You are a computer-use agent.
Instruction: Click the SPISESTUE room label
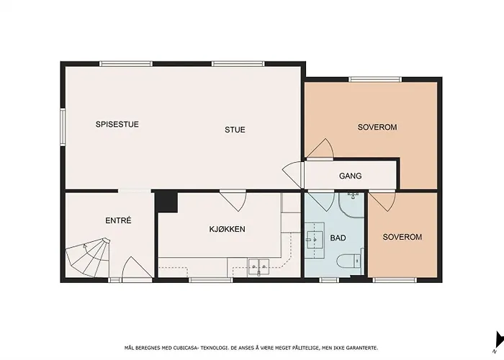tap(117, 124)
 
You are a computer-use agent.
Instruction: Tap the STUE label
tap(235, 130)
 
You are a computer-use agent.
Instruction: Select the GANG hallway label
tap(351, 176)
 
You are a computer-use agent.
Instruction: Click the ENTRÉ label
tap(118, 220)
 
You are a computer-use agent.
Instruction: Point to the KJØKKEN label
tap(228, 229)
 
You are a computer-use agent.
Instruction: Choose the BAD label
tap(338, 238)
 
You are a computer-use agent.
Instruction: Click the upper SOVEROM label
tap(377, 127)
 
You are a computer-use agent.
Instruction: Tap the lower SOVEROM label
tap(402, 237)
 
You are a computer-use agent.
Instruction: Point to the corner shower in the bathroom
tap(351, 204)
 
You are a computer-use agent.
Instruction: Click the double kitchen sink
tap(258, 267)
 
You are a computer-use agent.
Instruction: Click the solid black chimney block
tap(166, 202)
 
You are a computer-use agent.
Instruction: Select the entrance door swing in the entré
tap(137, 267)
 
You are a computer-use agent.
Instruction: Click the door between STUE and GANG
tap(293, 174)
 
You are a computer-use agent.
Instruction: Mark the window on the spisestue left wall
tap(63, 127)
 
